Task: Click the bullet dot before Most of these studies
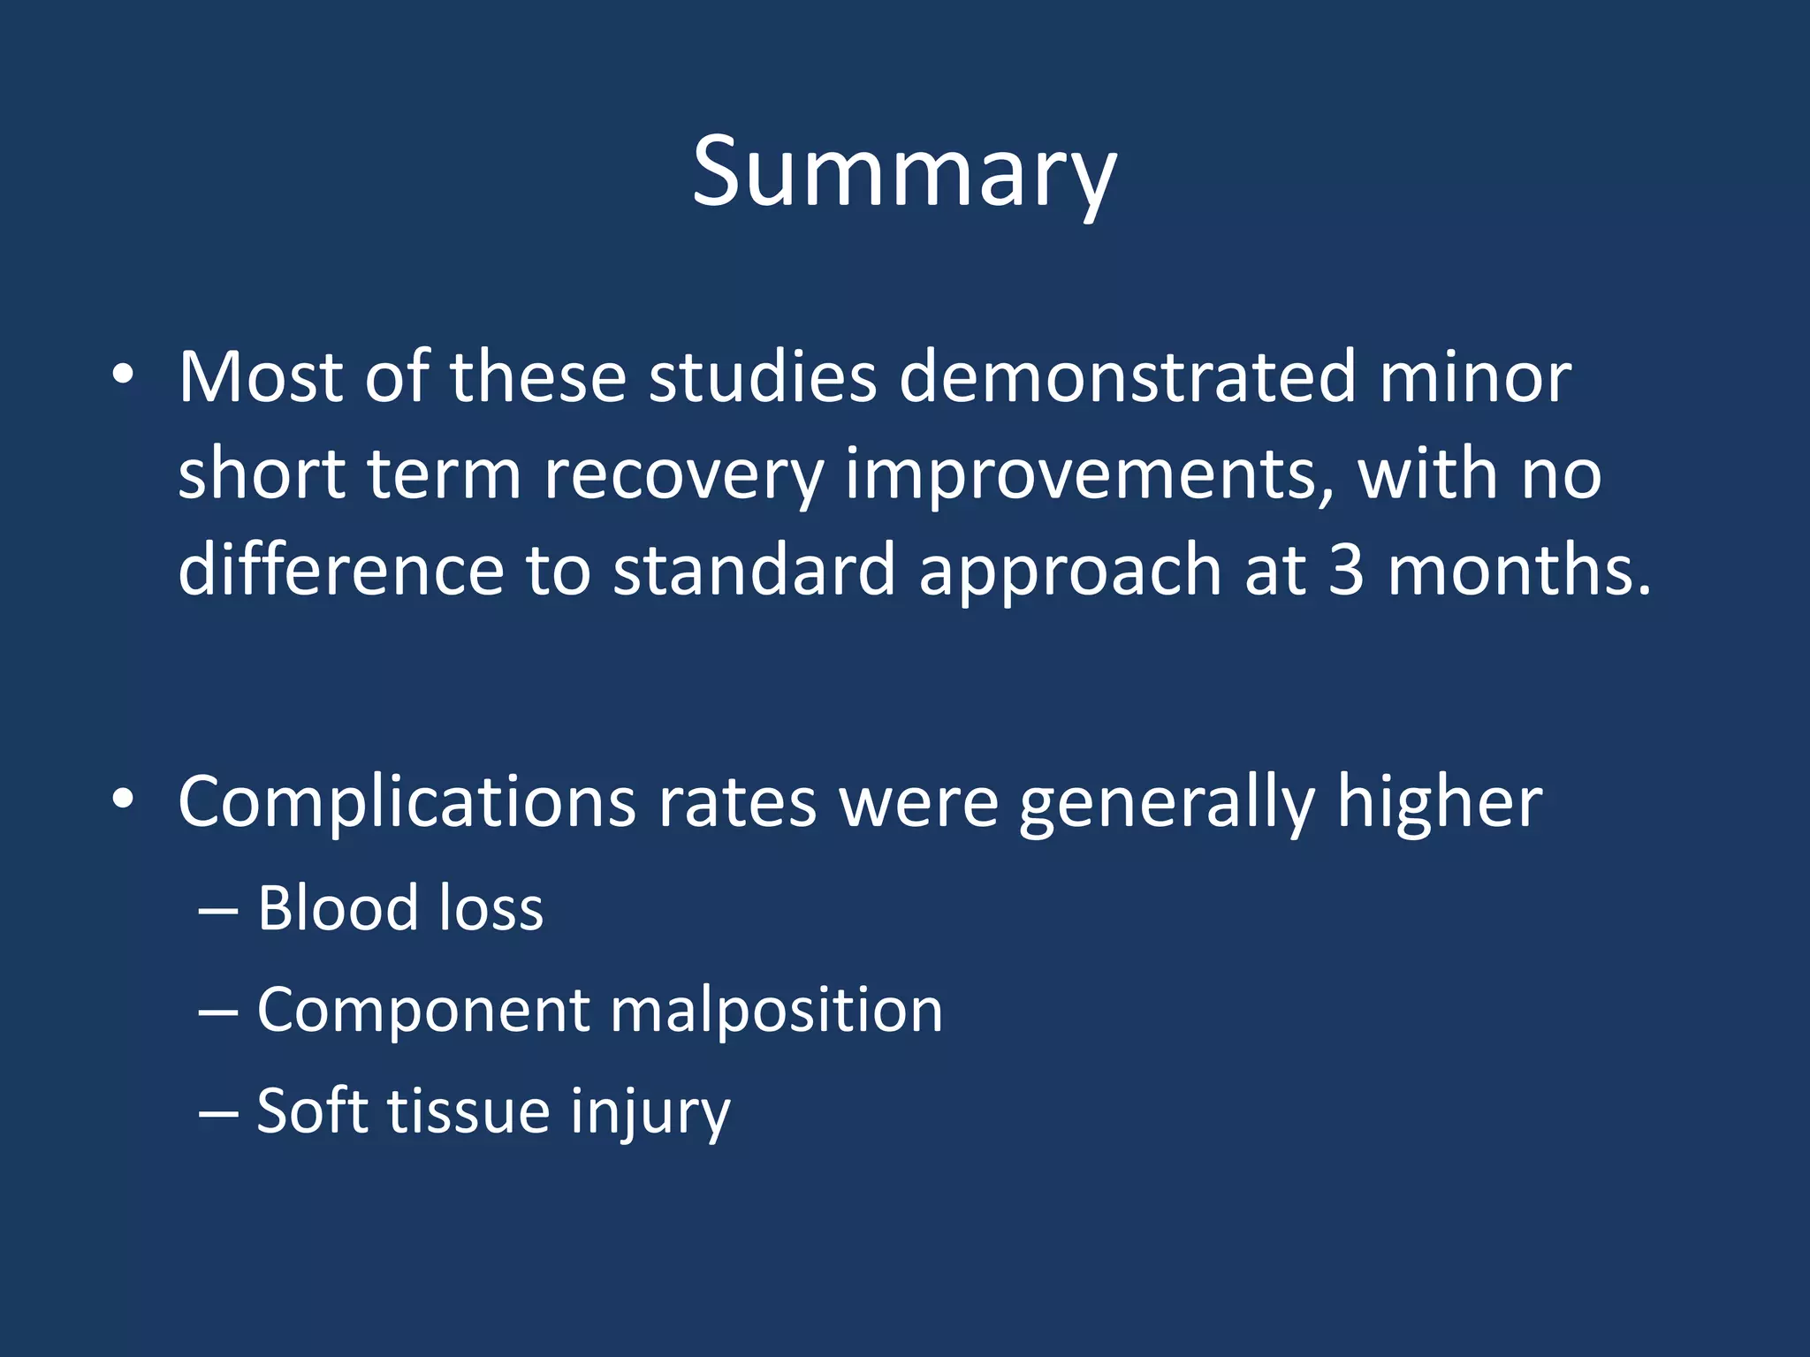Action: click(123, 375)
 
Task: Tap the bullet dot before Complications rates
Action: click(123, 800)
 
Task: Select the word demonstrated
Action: click(1126, 377)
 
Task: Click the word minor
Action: click(1474, 377)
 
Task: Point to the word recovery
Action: click(683, 475)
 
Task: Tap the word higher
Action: click(1439, 802)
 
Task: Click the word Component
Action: click(422, 1012)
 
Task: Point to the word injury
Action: click(650, 1112)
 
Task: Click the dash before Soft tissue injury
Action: click(217, 1112)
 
